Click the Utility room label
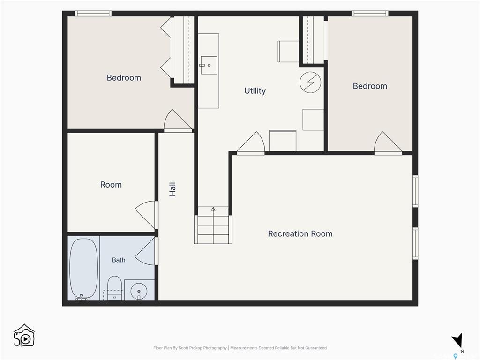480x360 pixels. [255, 91]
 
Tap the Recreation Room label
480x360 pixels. [300, 234]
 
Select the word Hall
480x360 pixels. [172, 189]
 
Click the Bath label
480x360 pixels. [119, 260]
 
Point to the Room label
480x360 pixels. [111, 185]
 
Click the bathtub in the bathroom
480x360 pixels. [83, 269]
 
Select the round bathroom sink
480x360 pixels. [139, 291]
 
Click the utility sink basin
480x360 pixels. [209, 65]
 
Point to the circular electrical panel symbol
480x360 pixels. [310, 82]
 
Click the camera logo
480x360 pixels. [24, 336]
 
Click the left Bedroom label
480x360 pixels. [124, 78]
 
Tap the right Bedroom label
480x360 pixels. [370, 86]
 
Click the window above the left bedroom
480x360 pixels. [93, 14]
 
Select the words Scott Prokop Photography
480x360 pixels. [202, 348]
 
